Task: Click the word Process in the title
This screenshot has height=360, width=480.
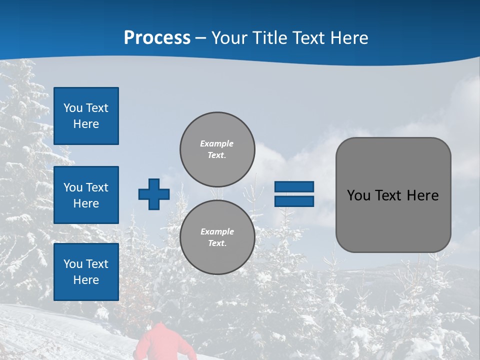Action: (157, 38)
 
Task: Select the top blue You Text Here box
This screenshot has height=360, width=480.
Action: (86, 116)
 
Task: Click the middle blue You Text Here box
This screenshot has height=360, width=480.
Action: (86, 195)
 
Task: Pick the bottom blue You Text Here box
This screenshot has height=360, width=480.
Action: (86, 272)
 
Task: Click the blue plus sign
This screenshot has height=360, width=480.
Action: (154, 194)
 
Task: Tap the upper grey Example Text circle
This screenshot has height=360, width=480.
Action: (217, 149)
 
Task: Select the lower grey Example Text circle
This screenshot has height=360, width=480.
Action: (217, 237)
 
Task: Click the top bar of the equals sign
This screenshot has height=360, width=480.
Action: (294, 187)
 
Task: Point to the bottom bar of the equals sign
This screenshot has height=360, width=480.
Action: (294, 201)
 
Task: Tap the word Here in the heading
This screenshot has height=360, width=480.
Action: (350, 38)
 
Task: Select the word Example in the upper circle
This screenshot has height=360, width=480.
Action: (217, 143)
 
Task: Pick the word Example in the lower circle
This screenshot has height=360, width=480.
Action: (217, 231)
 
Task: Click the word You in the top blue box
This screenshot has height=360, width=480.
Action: (73, 108)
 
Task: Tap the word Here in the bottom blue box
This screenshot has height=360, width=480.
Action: (86, 280)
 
